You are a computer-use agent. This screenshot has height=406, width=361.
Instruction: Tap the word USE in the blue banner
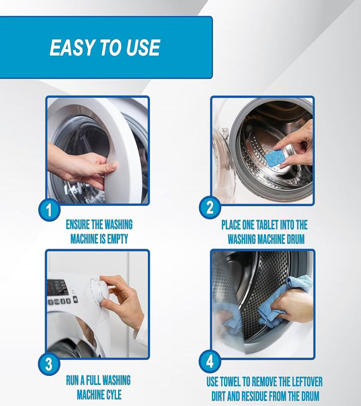tap(143, 48)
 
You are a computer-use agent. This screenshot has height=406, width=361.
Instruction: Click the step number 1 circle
tap(49, 210)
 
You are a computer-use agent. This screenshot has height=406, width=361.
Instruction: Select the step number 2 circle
tap(210, 208)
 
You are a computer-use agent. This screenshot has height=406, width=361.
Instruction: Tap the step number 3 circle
tap(49, 363)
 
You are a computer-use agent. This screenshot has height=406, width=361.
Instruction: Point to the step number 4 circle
tap(210, 362)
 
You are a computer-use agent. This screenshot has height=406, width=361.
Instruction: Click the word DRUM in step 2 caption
tap(295, 239)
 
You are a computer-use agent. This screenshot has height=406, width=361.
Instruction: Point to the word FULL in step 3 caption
tap(93, 380)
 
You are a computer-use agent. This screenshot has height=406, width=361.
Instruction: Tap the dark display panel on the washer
tap(57, 288)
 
